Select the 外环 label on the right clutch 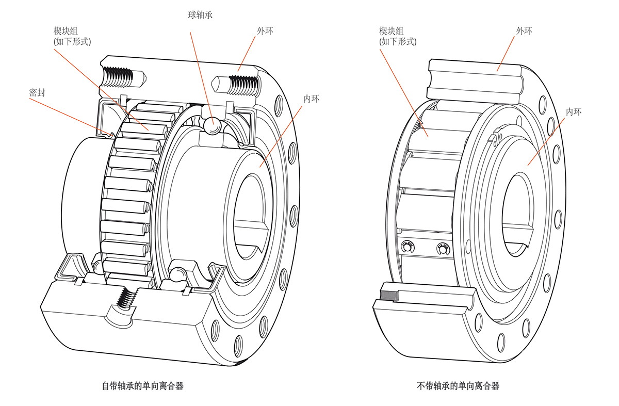pyautogui.click(x=524, y=31)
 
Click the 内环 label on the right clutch pyautogui.click(x=573, y=111)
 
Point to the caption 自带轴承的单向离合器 pyautogui.click(x=142, y=386)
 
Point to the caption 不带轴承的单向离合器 pyautogui.click(x=458, y=386)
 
